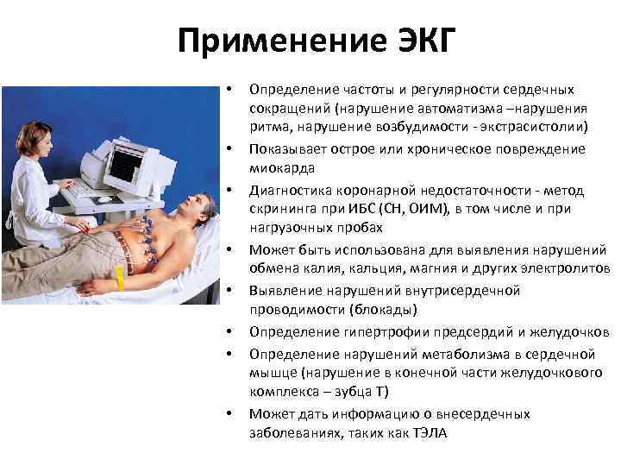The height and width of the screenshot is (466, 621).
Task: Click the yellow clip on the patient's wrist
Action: pos(120,279)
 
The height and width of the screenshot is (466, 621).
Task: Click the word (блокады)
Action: pos(364,310)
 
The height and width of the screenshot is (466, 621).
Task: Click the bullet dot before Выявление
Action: pos(230,291)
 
